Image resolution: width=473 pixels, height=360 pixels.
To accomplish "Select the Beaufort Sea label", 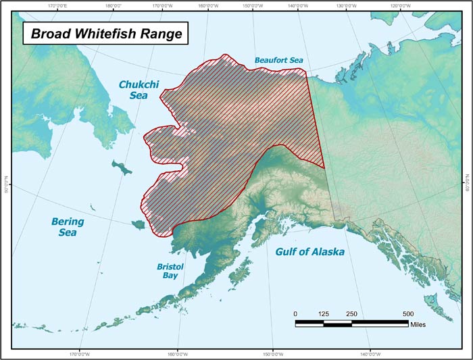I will [x=279, y=61].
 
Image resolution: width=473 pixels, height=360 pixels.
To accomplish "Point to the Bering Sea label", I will [x=68, y=227].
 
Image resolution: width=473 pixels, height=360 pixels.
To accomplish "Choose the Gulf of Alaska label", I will [x=310, y=252].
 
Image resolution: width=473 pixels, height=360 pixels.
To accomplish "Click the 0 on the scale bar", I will [x=295, y=314].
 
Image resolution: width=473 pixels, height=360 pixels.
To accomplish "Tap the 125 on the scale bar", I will [x=324, y=314].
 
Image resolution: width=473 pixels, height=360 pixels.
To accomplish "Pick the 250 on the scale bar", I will [x=351, y=314].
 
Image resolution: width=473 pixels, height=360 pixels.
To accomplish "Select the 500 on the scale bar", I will [x=408, y=314].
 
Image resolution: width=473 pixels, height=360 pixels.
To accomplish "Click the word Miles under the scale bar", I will [x=419, y=324].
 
